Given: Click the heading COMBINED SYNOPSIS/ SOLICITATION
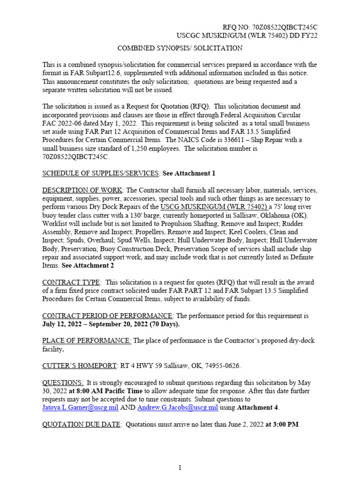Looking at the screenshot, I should pyautogui.click(x=180, y=48).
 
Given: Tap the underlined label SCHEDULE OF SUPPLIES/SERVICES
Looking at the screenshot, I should pyautogui.click(x=101, y=173).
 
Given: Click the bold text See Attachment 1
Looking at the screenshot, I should pyautogui.click(x=189, y=173).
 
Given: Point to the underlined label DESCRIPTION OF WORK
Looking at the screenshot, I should pyautogui.click(x=82, y=190).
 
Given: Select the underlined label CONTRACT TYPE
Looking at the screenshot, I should pyautogui.click(x=71, y=282).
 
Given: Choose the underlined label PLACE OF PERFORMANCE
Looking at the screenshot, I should pyautogui.click(x=87, y=341).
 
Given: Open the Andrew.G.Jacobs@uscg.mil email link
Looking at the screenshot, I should pyautogui.click(x=178, y=408).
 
